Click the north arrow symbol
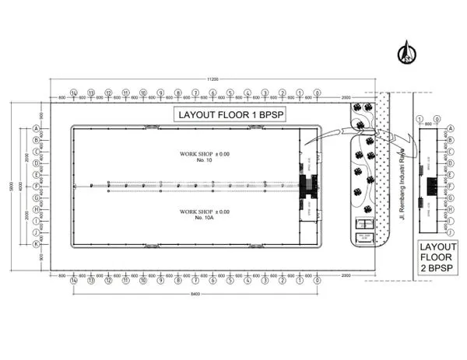406,53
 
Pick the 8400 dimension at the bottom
195,296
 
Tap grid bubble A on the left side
37,128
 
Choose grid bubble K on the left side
37,243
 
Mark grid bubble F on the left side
37,187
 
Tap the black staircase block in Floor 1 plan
308,185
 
